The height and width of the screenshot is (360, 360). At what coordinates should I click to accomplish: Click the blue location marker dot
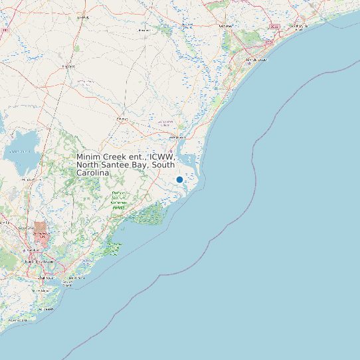pyautogui.click(x=179, y=180)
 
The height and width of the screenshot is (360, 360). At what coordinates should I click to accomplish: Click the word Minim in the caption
pyautogui.click(x=89, y=157)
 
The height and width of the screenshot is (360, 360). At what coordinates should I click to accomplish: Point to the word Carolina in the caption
pyautogui.click(x=92, y=173)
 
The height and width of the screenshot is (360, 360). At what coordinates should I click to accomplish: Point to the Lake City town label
pyautogui.click(x=83, y=17)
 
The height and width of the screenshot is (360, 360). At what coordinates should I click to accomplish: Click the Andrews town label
pyautogui.click(x=122, y=119)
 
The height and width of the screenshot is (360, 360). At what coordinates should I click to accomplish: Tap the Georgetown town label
pyautogui.click(x=177, y=137)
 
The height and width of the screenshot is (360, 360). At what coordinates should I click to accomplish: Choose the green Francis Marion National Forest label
pyautogui.click(x=119, y=200)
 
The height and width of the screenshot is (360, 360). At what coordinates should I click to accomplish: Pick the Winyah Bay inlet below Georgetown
pyautogui.click(x=189, y=159)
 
